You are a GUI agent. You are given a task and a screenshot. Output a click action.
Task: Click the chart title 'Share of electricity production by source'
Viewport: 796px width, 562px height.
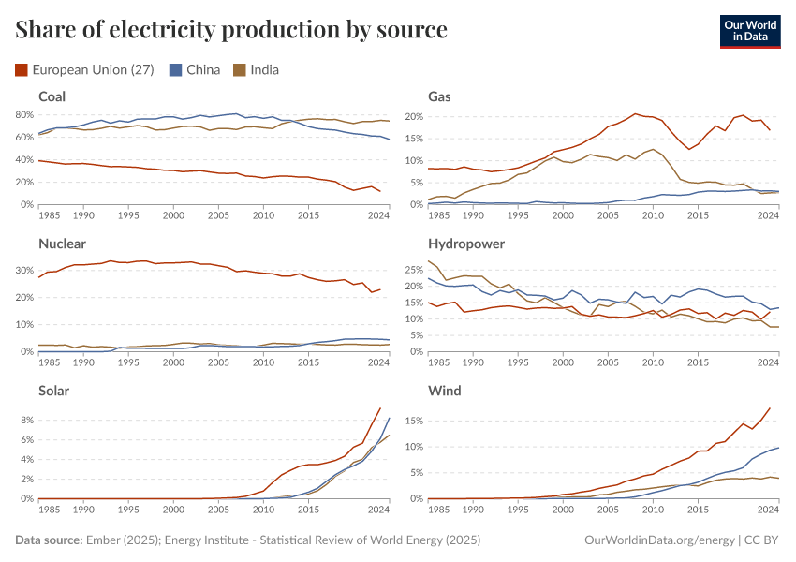pos(231,30)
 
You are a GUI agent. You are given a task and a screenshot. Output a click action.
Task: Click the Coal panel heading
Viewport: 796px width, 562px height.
pos(52,96)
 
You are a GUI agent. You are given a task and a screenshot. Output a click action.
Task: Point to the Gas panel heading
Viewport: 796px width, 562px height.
pos(439,96)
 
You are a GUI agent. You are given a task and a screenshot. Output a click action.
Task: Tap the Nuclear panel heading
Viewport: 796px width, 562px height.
pos(62,244)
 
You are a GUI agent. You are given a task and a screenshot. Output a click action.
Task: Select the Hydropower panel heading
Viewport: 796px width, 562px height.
pos(466,244)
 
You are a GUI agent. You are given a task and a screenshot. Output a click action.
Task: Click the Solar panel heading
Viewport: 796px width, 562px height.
pos(54,391)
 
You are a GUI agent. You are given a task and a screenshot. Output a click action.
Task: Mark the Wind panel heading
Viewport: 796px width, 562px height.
pos(444,391)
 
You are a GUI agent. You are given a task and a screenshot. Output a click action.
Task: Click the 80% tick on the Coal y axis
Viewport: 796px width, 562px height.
pos(25,115)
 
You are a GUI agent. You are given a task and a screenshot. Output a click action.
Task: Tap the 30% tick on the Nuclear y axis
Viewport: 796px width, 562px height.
pos(25,270)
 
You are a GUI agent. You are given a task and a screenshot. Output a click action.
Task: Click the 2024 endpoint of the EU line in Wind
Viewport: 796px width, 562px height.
pos(770,407)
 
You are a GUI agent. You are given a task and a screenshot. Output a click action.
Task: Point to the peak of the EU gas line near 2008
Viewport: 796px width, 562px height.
pos(635,113)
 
